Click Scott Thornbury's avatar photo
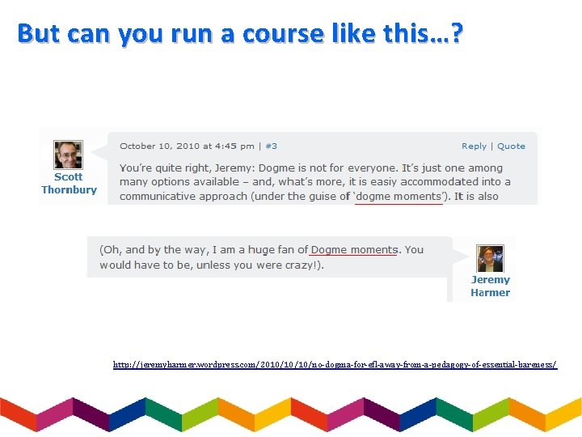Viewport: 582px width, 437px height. (x=68, y=155)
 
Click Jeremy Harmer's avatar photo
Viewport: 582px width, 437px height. (x=490, y=259)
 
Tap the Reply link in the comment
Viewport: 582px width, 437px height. (x=474, y=146)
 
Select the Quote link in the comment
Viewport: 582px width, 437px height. (x=511, y=146)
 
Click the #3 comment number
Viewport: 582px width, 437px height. (x=271, y=146)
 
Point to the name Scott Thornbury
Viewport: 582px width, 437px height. (x=69, y=184)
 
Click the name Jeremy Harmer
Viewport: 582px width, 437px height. (x=490, y=286)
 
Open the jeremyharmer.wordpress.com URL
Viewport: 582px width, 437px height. (x=335, y=365)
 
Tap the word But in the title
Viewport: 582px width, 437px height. (x=39, y=34)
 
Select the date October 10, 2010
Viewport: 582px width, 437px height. (x=159, y=146)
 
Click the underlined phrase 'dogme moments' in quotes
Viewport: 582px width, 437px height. (x=399, y=197)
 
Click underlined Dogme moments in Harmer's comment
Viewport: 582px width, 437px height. (x=354, y=250)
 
